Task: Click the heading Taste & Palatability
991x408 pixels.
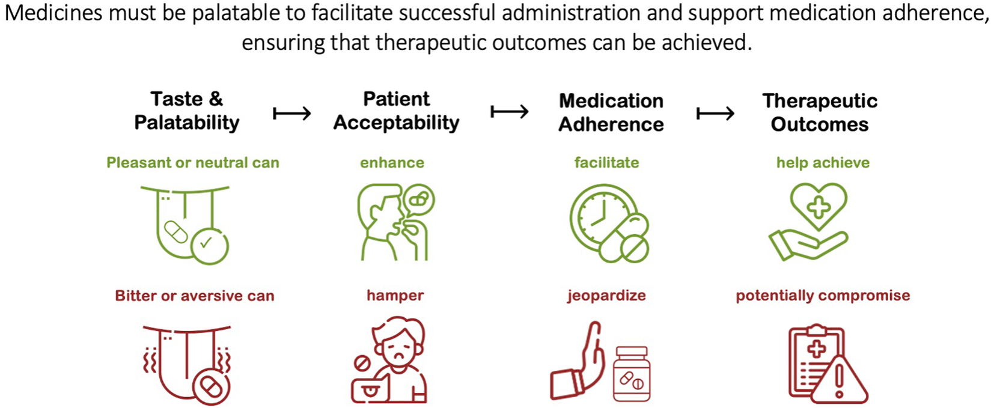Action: [186, 111]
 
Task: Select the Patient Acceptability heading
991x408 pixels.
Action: [396, 111]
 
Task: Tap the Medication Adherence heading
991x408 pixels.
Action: [611, 112]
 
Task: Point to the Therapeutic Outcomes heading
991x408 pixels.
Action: [820, 112]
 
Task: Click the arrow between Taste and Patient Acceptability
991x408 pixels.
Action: [292, 112]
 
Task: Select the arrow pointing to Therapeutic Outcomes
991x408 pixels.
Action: [715, 113]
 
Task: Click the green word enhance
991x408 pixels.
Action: [392, 163]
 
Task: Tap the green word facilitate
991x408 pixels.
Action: [606, 163]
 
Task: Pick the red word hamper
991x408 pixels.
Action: [395, 296]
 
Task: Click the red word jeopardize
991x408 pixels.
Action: [606, 296]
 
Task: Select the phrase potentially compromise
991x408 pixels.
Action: [823, 296]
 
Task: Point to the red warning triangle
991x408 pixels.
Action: [840, 380]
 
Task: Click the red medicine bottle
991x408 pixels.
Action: [631, 374]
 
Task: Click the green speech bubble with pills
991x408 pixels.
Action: [419, 199]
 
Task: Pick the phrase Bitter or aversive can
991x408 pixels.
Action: [195, 296]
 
